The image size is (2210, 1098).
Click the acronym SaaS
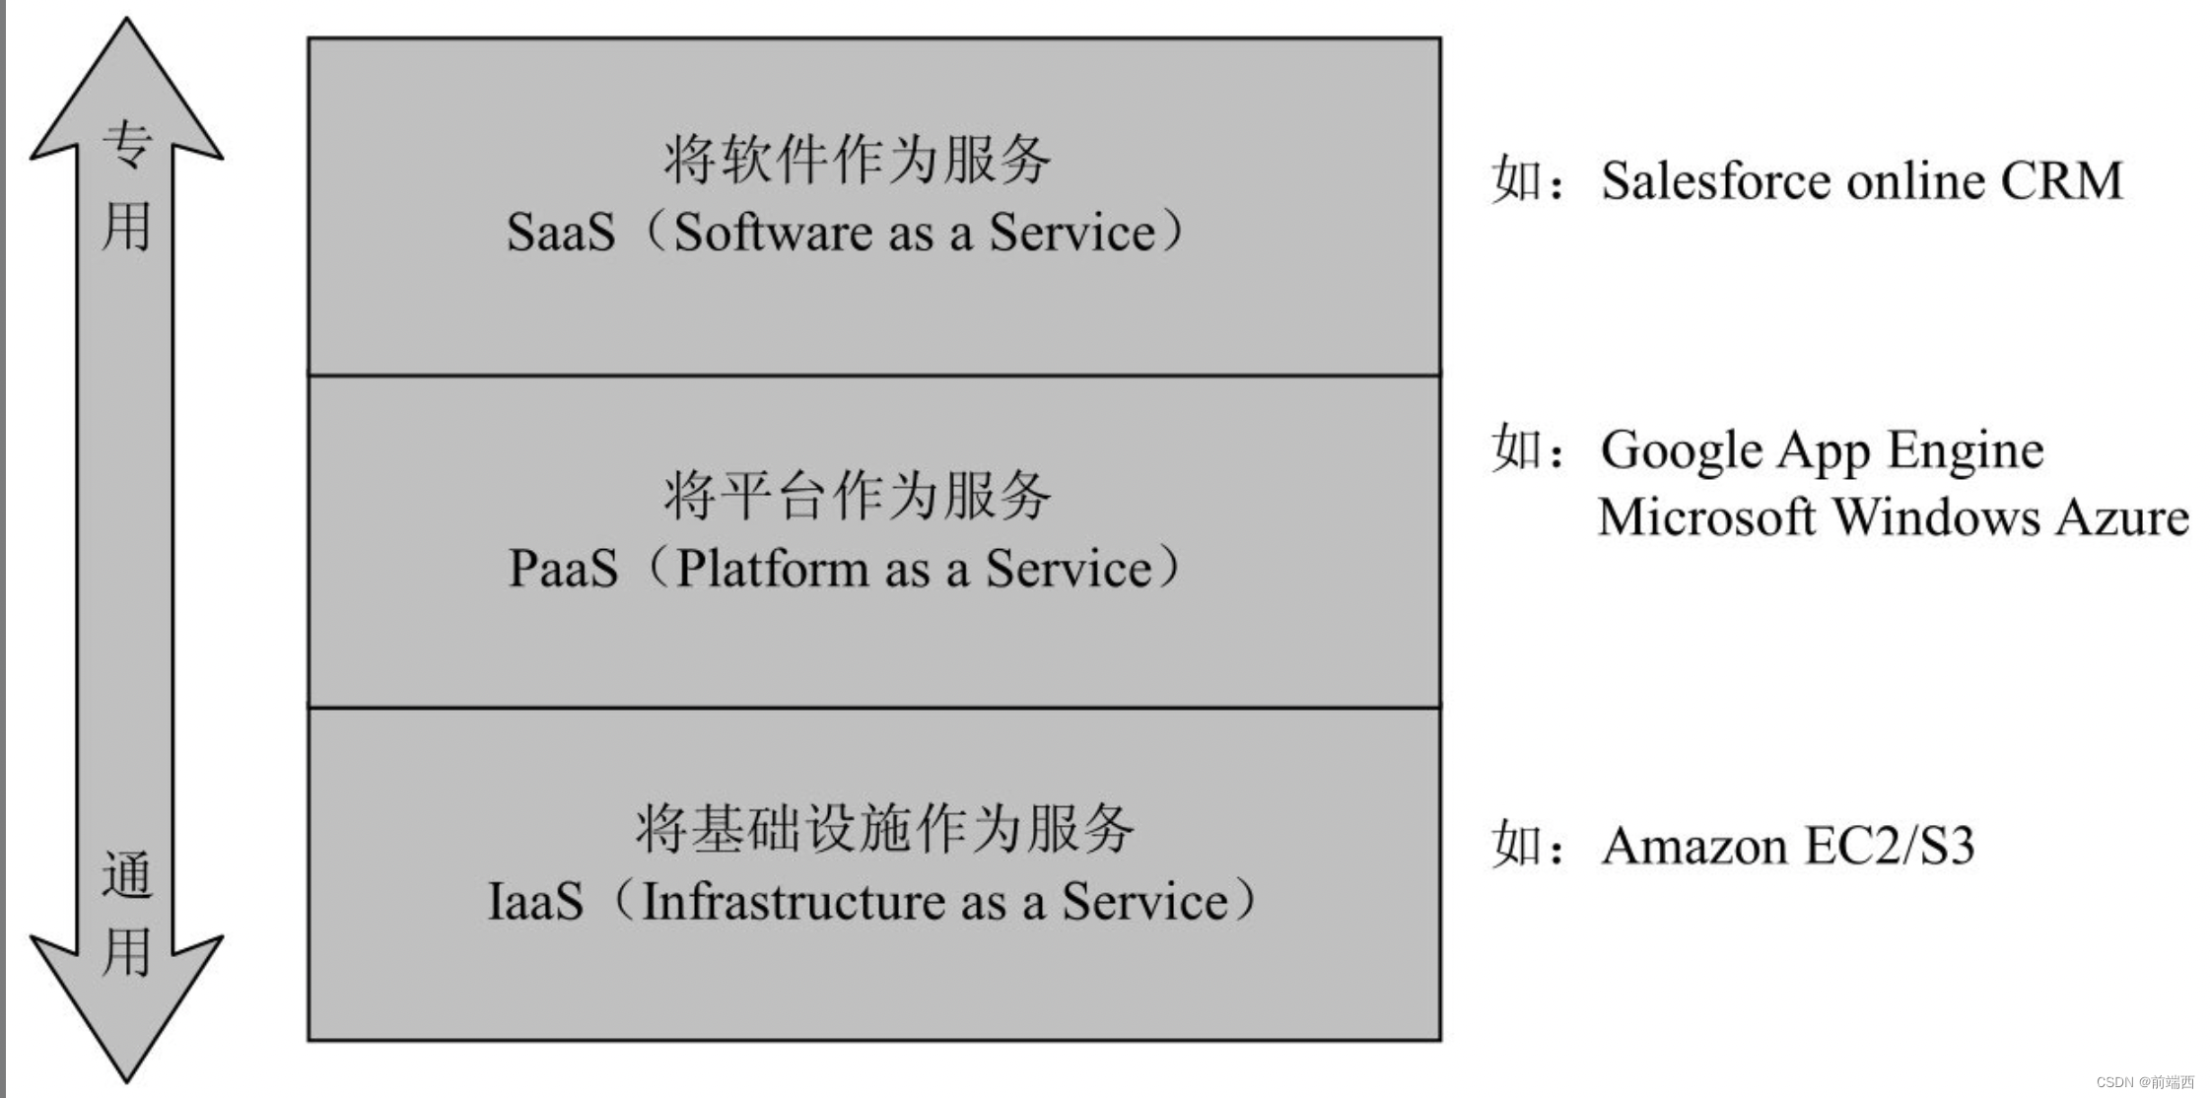pos(560,234)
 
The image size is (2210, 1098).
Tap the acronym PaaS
pos(563,569)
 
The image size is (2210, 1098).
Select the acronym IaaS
pos(535,902)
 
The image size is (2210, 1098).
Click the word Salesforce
pos(1715,181)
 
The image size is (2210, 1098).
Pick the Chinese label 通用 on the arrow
pos(126,914)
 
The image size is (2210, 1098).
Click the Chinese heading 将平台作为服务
pos(857,495)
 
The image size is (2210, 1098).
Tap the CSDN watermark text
pos(2145,1082)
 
